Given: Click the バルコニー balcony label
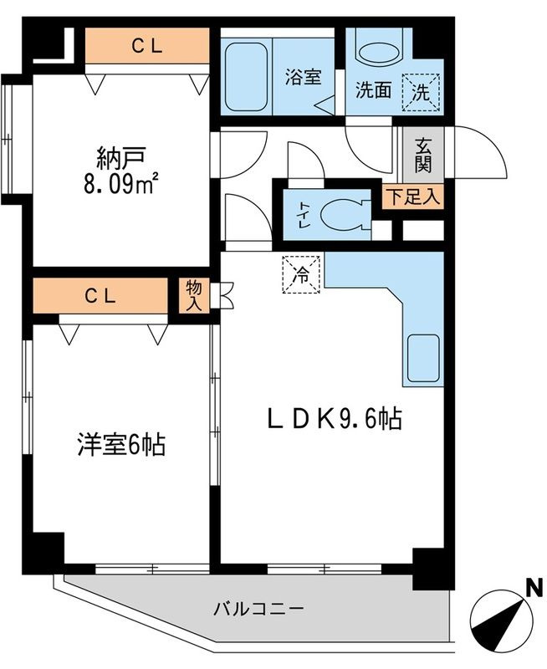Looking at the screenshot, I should point(258,608).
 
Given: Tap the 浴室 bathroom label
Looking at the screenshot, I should point(301,77).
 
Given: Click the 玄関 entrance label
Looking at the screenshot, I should point(422,156).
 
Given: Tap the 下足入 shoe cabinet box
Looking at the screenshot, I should point(413,197).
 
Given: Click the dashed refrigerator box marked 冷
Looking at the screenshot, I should point(300,273).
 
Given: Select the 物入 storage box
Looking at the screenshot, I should point(193,295).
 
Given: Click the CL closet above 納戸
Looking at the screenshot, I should point(147,46).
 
